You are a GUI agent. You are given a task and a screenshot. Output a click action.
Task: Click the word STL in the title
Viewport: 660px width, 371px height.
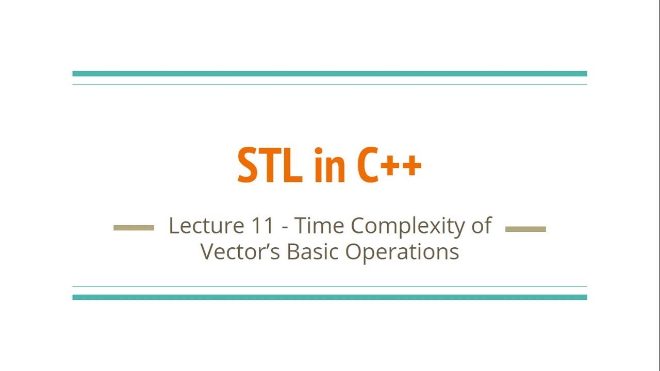(x=270, y=165)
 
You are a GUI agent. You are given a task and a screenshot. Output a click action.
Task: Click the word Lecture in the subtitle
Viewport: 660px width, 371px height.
(x=206, y=226)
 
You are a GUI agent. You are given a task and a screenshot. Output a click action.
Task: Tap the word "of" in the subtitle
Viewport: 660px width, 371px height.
(x=481, y=226)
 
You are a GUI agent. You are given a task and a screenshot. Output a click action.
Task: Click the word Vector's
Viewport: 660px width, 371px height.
(x=240, y=251)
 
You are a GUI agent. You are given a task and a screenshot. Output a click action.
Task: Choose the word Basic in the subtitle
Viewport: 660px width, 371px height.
(x=313, y=251)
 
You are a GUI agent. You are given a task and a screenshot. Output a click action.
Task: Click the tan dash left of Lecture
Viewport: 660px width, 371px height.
(x=134, y=228)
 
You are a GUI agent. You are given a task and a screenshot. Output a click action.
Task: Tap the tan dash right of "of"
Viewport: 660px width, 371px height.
(x=525, y=229)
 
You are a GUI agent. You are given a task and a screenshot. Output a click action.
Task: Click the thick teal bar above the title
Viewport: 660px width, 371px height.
(x=329, y=74)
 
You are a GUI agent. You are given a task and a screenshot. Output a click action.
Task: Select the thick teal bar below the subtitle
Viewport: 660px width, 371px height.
(x=329, y=297)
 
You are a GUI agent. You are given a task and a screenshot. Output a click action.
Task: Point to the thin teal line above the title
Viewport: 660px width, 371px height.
(x=329, y=85)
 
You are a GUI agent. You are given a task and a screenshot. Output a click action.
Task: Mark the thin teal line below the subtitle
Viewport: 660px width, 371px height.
(x=329, y=286)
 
